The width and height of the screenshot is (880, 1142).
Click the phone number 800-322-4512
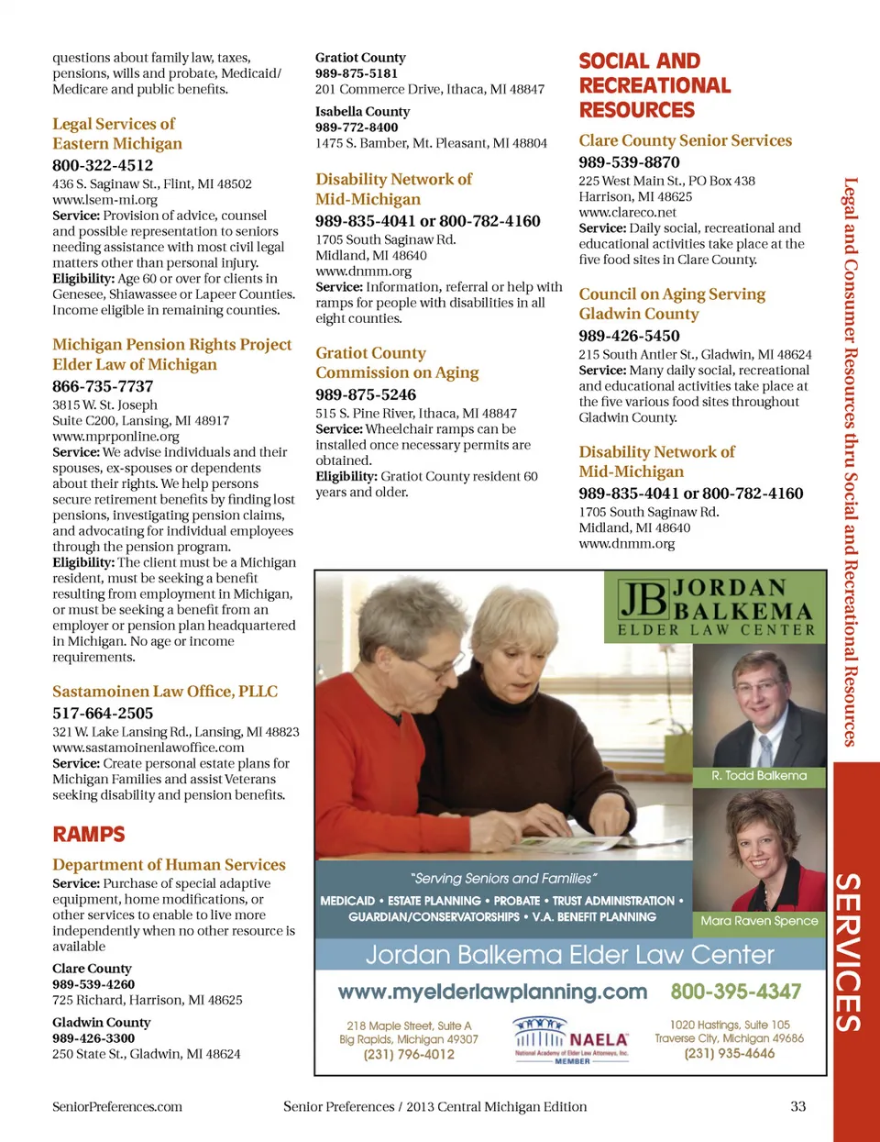[103, 165]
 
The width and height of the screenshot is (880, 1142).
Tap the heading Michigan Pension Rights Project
[171, 345]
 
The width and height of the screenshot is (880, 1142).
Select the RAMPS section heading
[89, 834]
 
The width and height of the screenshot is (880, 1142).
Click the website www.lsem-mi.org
[104, 199]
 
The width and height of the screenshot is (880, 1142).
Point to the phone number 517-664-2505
[103, 713]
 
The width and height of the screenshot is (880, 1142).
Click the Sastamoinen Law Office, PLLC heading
[165, 692]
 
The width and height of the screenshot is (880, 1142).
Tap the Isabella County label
[362, 112]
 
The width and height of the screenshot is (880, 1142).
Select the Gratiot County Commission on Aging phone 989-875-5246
[366, 394]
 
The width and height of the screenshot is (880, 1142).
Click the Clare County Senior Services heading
[685, 140]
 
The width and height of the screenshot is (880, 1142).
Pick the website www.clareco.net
[627, 212]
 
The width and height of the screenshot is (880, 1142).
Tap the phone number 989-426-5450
[629, 336]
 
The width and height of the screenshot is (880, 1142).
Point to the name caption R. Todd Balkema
[759, 776]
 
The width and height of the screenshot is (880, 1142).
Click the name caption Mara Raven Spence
[759, 921]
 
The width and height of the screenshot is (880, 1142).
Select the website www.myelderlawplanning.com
[492, 992]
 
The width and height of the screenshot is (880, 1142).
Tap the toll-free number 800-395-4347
[735, 992]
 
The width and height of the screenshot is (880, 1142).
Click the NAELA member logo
[571, 1040]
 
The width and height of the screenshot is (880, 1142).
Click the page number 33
[797, 1106]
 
